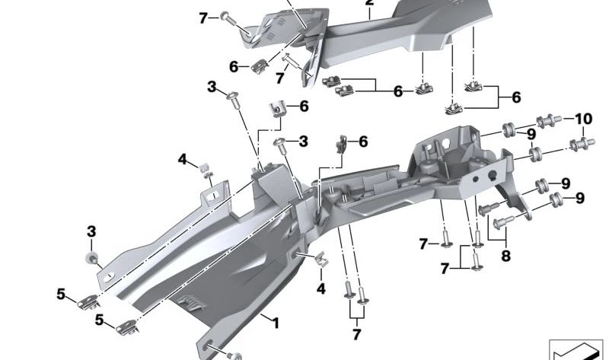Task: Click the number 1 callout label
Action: [276, 323]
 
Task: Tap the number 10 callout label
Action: [582, 119]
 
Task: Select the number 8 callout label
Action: [505, 256]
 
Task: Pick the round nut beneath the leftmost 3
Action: [92, 261]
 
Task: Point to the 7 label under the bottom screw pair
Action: [355, 335]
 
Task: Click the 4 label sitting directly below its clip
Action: [321, 288]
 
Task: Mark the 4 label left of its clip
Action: [182, 159]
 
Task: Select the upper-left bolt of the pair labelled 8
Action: [484, 209]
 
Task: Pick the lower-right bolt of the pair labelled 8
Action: [499, 222]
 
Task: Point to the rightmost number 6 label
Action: [516, 97]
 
